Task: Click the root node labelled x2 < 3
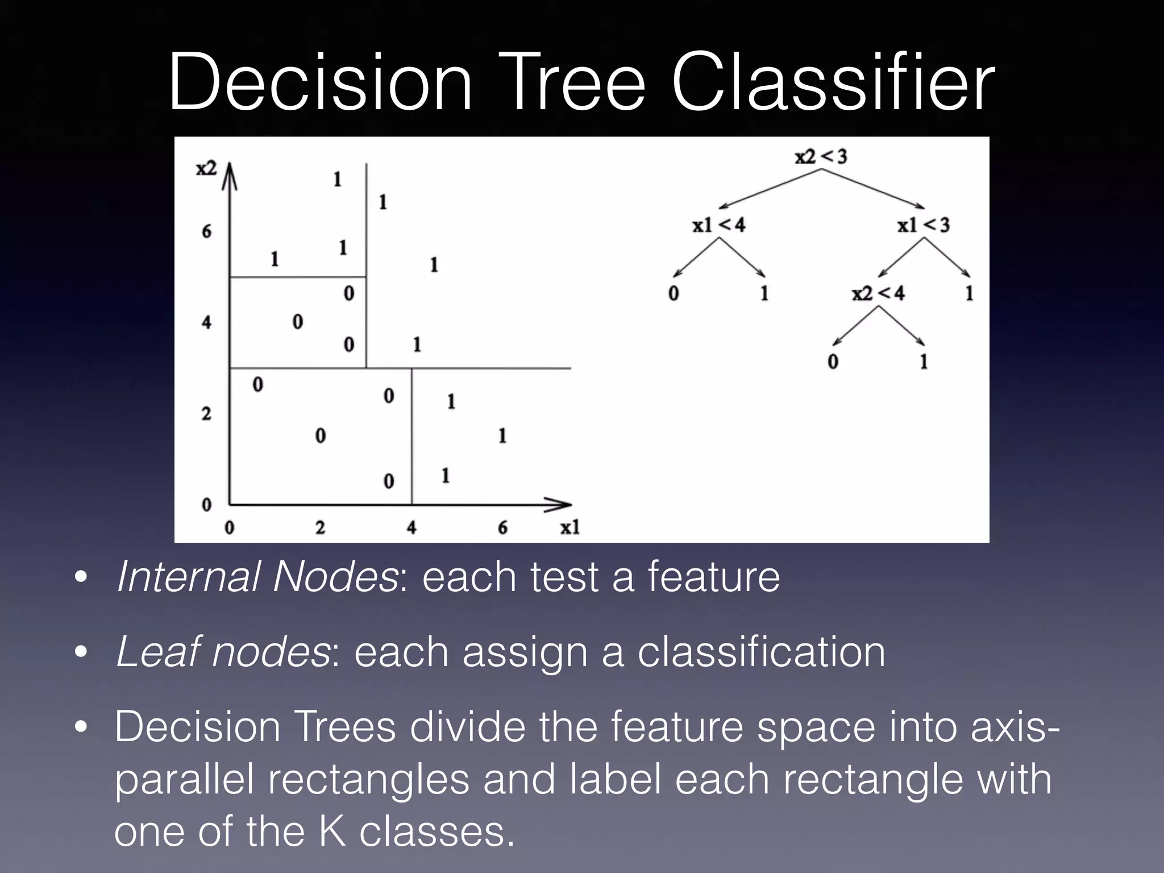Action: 821,156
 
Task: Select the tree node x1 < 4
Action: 718,226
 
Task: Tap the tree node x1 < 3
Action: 923,226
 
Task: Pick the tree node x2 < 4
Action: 878,294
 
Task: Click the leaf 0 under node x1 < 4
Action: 674,294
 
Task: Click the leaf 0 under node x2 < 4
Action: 833,362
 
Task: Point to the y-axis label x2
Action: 206,169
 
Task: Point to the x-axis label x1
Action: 570,528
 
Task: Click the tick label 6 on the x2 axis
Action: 206,231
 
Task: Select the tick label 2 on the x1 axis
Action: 320,528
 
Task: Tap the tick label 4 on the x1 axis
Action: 411,528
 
